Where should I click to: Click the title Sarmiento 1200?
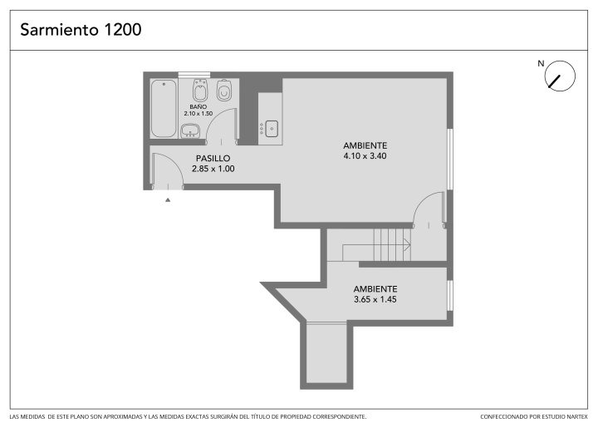coord(81,30)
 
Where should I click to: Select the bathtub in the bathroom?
coord(164,108)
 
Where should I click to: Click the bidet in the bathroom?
coord(200,90)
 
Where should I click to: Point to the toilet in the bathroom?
coord(224,90)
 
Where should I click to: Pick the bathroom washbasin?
coord(190,130)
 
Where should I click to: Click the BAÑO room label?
coord(199,107)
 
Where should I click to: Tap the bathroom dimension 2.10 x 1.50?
coord(199,113)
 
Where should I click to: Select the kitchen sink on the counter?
coord(272,129)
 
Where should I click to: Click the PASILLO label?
coord(213,158)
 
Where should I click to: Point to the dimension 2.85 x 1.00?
coord(213,169)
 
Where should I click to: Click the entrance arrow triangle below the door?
coord(168,199)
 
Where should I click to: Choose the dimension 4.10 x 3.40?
coord(365,155)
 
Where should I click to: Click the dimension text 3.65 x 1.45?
coord(375,299)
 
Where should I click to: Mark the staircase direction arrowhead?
coord(407,244)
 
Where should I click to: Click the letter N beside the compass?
coord(541,63)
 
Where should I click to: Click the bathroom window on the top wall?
coord(194,75)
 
